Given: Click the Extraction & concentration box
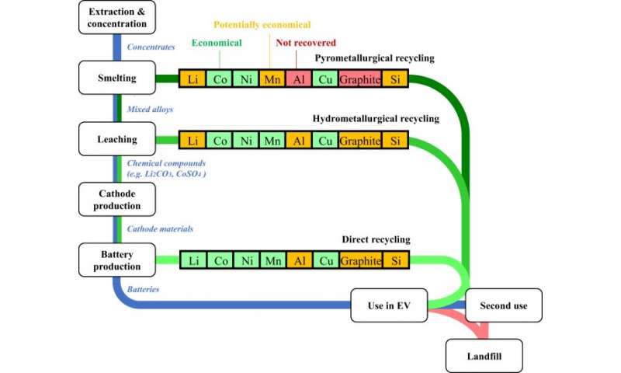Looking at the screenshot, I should click(x=118, y=17).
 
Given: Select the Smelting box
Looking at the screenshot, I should click(x=118, y=78).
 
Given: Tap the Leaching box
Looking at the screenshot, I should click(x=118, y=140).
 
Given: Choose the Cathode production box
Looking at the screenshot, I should click(x=118, y=200).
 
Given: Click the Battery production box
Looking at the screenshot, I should click(x=118, y=260).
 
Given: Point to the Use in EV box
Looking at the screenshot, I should click(x=390, y=305).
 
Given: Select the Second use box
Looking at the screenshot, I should click(x=504, y=305).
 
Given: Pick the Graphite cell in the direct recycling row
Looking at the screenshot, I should click(x=361, y=260).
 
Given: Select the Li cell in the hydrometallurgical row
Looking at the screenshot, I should click(x=193, y=141).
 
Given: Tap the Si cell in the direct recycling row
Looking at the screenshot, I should click(x=396, y=260).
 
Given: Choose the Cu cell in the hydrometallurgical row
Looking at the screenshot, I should click(x=326, y=141).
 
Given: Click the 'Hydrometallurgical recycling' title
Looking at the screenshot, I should click(x=376, y=119).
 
